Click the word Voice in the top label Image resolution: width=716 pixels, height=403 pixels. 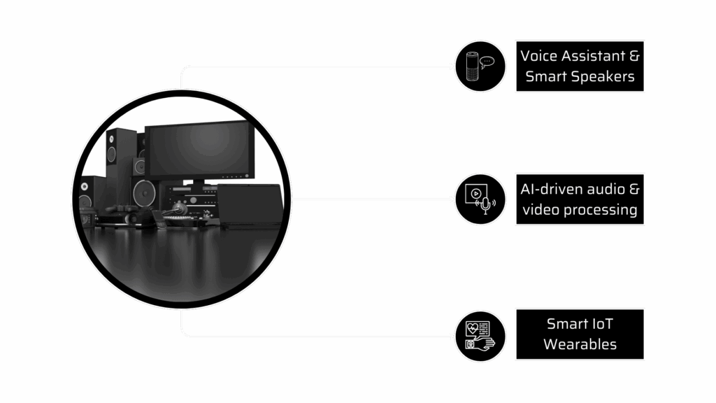[x=538, y=55]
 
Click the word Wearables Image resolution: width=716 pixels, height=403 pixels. [x=580, y=344]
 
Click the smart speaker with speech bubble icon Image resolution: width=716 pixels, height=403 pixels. [x=480, y=66]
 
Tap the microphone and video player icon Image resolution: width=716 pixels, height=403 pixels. [x=480, y=199]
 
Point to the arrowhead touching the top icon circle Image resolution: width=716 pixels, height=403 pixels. [x=450, y=66]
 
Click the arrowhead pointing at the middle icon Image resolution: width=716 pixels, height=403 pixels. [x=450, y=199]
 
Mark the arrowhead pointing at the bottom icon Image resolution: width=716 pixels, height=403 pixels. [x=450, y=336]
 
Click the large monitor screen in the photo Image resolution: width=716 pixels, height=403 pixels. [x=196, y=149]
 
